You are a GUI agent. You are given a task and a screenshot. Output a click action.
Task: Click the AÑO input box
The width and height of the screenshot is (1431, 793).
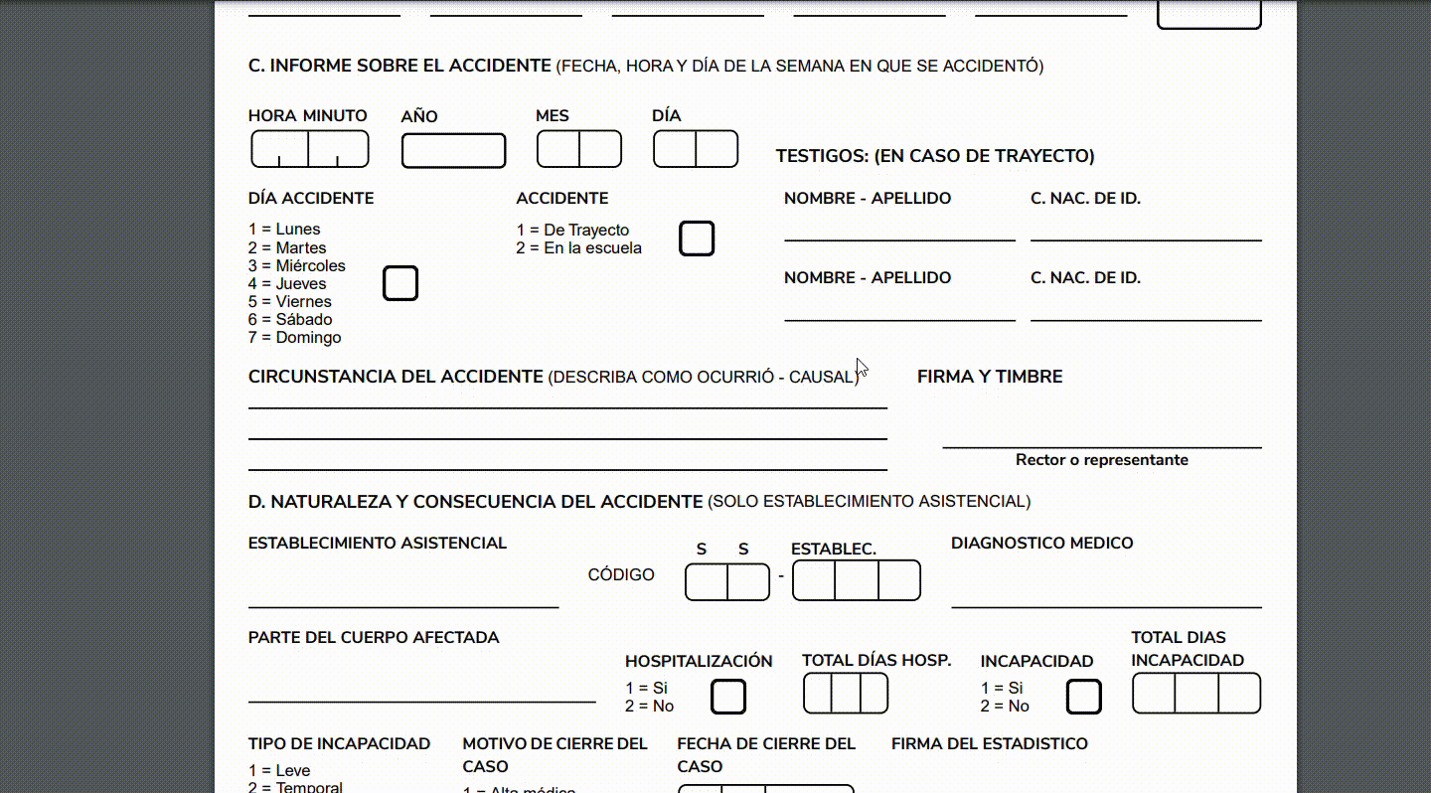tap(453, 151)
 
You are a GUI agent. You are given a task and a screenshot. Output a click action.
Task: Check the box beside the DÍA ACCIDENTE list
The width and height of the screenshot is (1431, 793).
tap(400, 283)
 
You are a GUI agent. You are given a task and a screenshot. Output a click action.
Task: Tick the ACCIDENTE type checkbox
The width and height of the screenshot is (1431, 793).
tap(697, 238)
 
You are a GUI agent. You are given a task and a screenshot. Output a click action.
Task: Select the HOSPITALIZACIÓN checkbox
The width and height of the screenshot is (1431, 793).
tap(728, 697)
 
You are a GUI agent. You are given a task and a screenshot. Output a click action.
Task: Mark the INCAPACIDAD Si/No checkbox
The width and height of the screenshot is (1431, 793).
tap(1084, 697)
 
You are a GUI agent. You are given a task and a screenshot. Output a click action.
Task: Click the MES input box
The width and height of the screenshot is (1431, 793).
tap(579, 149)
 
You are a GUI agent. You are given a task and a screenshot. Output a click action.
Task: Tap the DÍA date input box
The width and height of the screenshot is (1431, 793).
tap(696, 149)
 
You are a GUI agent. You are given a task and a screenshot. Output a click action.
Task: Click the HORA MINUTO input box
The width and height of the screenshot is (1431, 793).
tap(309, 149)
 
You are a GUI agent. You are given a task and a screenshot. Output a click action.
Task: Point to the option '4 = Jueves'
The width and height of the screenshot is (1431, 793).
tap(287, 284)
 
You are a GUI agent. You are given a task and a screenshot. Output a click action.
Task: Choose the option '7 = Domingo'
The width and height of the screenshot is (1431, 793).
tap(294, 338)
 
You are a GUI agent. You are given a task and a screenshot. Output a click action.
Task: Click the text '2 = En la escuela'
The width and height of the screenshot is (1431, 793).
tap(578, 248)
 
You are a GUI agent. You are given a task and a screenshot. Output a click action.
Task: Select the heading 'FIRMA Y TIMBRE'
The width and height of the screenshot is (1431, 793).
tap(990, 377)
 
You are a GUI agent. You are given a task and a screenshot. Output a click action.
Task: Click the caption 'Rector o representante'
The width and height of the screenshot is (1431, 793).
tap(1101, 460)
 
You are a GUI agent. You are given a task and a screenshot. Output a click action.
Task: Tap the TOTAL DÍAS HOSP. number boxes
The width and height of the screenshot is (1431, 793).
tap(846, 693)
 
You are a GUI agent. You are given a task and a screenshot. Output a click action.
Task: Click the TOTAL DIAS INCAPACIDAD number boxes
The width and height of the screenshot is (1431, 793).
tap(1196, 693)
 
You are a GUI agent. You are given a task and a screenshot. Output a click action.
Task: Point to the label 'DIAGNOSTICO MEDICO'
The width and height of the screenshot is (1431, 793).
tap(1041, 544)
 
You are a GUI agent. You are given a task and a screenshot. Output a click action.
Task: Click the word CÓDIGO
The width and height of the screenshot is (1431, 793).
tap(621, 574)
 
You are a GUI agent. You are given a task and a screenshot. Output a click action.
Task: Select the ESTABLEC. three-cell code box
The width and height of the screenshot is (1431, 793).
tap(857, 580)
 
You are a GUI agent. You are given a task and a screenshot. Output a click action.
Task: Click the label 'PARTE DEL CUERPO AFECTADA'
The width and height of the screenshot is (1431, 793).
tap(374, 638)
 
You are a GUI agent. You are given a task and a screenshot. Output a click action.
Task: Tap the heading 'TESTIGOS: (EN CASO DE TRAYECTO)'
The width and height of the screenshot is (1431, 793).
tap(934, 156)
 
